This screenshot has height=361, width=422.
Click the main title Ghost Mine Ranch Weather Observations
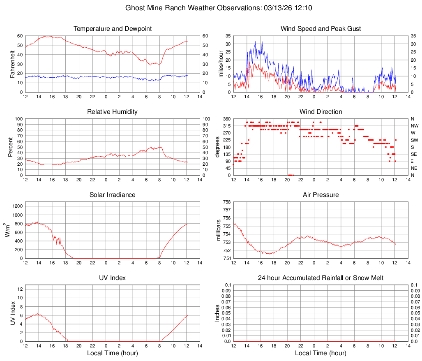pyautogui.click(x=219, y=8)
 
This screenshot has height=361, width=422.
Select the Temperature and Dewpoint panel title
pyautogui.click(x=113, y=29)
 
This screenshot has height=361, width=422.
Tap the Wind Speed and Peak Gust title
pyautogui.click(x=321, y=29)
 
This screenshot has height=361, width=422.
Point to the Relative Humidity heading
pyautogui.click(x=113, y=112)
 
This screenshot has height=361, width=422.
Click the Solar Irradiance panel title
pyautogui.click(x=113, y=195)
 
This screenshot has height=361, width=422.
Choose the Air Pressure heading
pyautogui.click(x=321, y=195)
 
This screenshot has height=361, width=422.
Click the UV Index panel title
pyautogui.click(x=113, y=278)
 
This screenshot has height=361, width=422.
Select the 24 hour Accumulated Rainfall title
pyautogui.click(x=321, y=278)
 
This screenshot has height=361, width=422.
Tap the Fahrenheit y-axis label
pyautogui.click(x=12, y=64)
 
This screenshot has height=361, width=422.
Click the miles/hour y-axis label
pyautogui.click(x=221, y=64)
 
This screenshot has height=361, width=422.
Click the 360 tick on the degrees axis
pyautogui.click(x=226, y=119)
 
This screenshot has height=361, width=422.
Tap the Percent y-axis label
pyautogui.click(x=10, y=147)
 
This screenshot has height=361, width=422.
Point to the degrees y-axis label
pyautogui.click(x=218, y=147)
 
